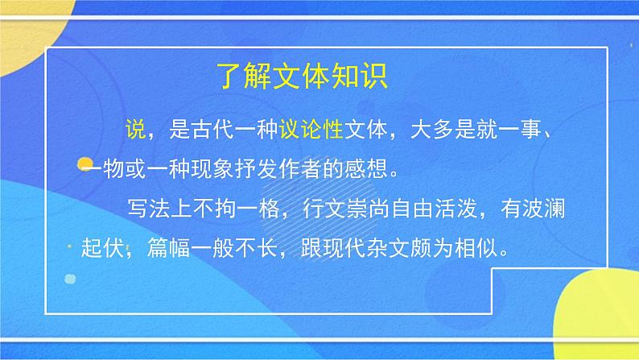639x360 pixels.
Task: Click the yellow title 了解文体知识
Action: click(304, 79)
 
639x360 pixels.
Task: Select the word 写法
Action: click(143, 209)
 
